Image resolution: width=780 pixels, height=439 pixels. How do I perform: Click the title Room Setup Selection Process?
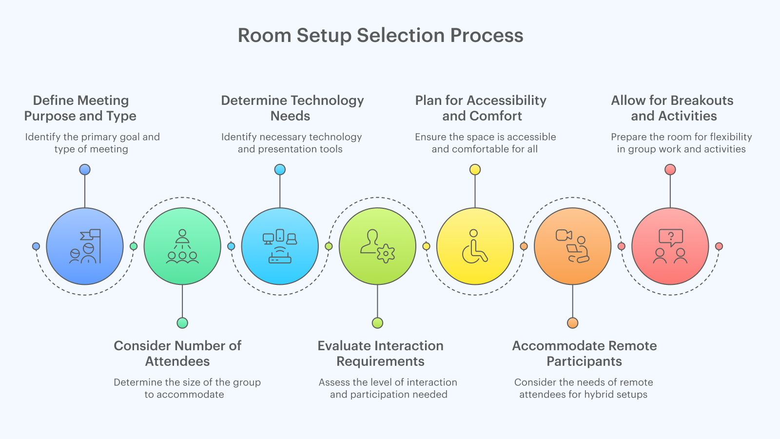pos(380,36)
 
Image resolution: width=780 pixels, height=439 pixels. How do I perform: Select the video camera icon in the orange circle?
pos(564,236)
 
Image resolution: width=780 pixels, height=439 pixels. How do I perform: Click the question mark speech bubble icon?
pos(671,238)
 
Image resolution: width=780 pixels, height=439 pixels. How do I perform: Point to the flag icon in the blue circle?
pos(92,235)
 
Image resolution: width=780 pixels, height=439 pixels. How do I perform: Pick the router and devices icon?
pos(280,246)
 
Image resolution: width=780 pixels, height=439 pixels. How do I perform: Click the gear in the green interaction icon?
pos(386,253)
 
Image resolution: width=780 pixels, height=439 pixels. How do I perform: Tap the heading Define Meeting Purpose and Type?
pos(80,108)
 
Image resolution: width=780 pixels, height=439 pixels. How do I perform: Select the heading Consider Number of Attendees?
pos(177,354)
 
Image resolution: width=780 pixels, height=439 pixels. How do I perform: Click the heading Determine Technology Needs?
pos(292,108)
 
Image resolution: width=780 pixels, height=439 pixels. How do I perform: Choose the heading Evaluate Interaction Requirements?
pos(380,354)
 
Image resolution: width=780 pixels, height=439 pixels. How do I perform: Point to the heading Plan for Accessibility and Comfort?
pos(481,108)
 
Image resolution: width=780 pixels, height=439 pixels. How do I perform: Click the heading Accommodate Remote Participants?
pos(584,354)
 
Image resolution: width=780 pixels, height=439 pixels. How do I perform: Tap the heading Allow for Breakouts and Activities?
pos(673,108)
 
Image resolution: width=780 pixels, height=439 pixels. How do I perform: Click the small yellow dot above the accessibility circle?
pos(475,170)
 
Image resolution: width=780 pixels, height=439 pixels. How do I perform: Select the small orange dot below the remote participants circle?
pos(572,323)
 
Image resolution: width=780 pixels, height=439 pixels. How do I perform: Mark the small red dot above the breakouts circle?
pos(670,170)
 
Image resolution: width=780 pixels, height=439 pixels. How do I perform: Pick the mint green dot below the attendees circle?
pos(182,323)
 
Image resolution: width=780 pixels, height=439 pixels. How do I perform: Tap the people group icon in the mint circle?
pos(182,247)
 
